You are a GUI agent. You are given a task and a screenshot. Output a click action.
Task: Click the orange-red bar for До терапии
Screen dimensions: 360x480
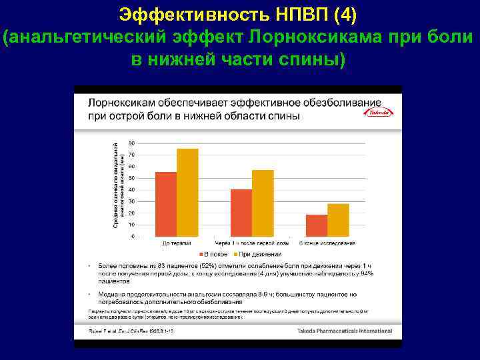[x=166, y=203]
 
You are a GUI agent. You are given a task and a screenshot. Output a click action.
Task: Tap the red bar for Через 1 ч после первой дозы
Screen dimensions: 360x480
[x=241, y=212]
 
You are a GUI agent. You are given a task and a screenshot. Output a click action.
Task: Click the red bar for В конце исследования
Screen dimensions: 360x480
[x=317, y=225]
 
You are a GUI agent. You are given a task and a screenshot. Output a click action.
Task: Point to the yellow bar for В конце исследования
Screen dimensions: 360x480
[x=338, y=219]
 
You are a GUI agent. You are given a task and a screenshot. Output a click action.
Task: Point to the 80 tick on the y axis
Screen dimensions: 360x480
[x=131, y=143]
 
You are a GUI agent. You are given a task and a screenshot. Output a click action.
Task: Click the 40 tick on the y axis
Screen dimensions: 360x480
[x=131, y=189]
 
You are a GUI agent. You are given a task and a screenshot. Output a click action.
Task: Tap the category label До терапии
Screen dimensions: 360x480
[x=177, y=243]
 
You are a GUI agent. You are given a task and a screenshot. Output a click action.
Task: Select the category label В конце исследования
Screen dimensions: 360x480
[x=327, y=243]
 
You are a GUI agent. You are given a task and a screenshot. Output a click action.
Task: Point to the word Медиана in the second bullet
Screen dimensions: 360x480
[x=113, y=294]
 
